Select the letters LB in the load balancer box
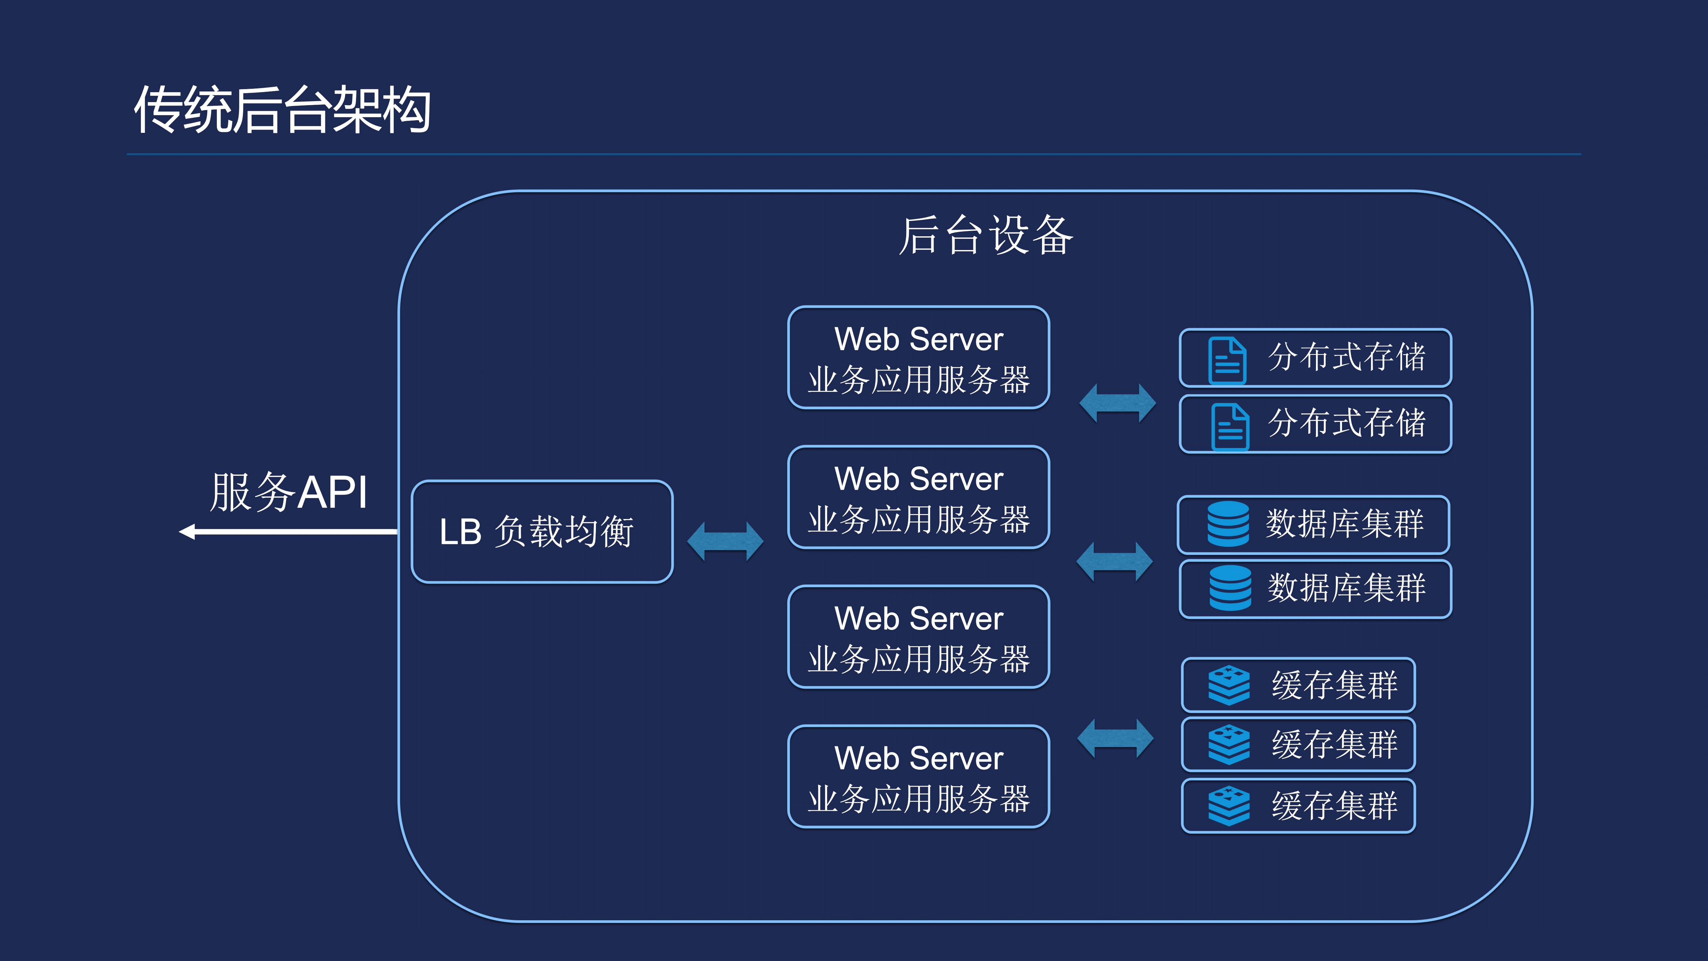click(x=460, y=532)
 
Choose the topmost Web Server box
click(x=918, y=357)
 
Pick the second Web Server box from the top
click(x=918, y=497)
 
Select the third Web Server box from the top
click(x=918, y=637)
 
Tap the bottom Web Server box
click(x=918, y=777)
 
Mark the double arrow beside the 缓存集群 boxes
click(x=1115, y=738)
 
